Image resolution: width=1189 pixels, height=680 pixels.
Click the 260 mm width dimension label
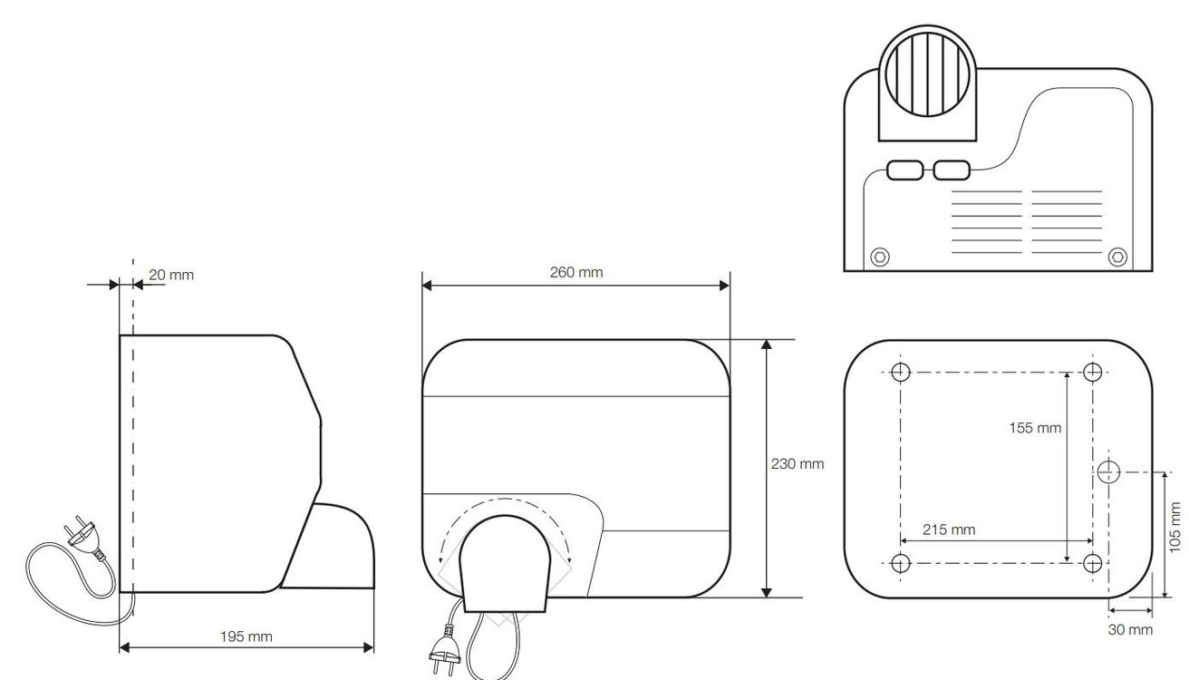(x=576, y=273)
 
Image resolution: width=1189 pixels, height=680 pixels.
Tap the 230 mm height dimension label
(x=797, y=464)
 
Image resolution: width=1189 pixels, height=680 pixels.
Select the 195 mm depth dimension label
(x=246, y=636)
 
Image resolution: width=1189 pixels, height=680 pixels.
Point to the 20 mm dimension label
(x=171, y=275)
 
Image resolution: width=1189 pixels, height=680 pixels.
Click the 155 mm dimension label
(x=1035, y=428)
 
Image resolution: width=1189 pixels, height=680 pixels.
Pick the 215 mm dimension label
(x=949, y=529)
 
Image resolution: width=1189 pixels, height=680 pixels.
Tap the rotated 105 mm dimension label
(x=1174, y=527)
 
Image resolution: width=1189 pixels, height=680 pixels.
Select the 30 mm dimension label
(x=1130, y=629)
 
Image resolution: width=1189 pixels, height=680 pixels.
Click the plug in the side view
(x=82, y=533)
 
